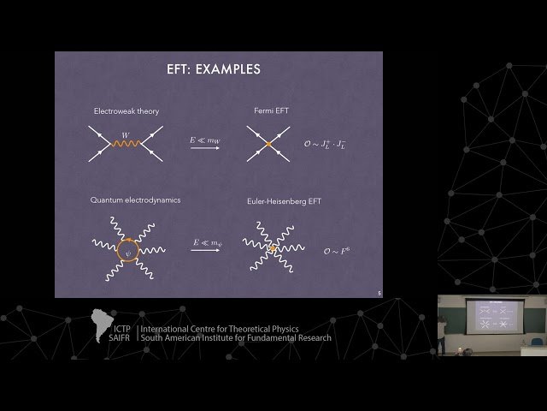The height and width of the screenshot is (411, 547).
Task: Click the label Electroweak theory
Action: click(126, 111)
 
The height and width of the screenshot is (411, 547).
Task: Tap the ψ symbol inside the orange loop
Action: click(129, 252)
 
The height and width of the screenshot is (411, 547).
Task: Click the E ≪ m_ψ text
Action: click(205, 243)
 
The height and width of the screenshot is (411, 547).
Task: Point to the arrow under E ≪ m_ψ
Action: click(205, 253)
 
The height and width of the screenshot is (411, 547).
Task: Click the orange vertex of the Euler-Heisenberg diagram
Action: click(273, 249)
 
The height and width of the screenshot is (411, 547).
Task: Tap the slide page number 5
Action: click(379, 293)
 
